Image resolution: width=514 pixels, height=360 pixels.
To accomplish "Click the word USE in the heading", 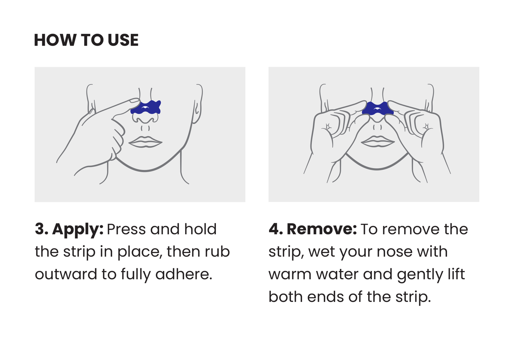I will (123, 40).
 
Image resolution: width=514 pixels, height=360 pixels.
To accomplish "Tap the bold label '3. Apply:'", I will (69, 230).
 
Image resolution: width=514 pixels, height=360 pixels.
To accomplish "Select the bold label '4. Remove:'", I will (312, 229).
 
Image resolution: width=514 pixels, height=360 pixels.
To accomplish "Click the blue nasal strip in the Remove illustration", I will (378, 109).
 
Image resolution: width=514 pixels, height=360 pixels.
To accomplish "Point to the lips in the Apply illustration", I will (145, 142).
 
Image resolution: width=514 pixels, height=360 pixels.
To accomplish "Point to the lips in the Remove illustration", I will (378, 141).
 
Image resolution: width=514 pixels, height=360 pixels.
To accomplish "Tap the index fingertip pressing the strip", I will (134, 101).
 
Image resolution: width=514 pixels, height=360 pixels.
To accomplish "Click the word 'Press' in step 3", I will (126, 229).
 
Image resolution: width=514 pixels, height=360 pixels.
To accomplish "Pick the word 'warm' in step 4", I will (290, 274).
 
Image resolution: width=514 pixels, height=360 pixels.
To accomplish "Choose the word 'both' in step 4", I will (286, 297).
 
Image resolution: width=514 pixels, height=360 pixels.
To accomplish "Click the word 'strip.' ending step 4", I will (413, 297).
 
